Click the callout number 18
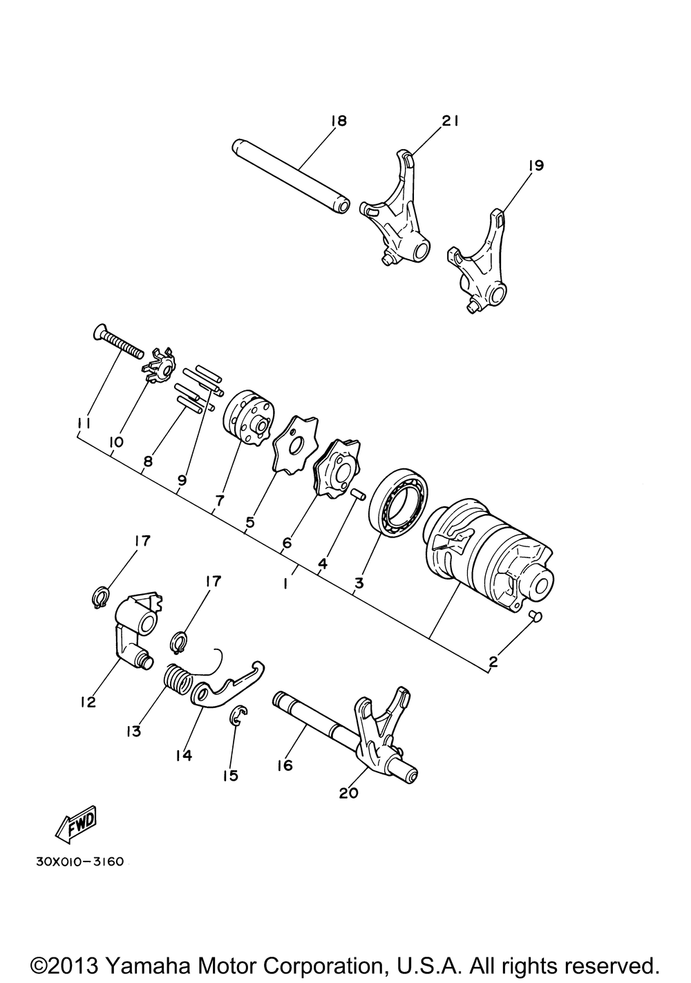tap(339, 121)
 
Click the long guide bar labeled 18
tap(291, 176)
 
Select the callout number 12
tap(88, 703)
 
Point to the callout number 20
tap(349, 793)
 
